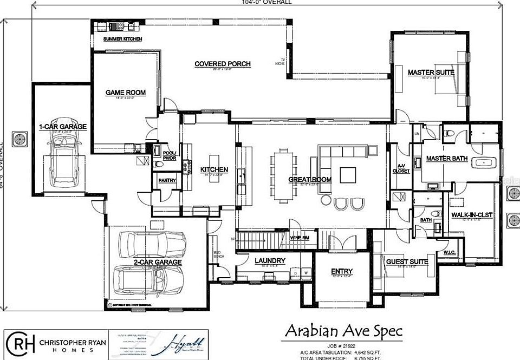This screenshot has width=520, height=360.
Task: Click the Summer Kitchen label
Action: tap(123, 40)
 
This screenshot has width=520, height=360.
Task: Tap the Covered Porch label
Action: tap(223, 64)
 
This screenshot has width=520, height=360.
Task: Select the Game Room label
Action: tap(125, 93)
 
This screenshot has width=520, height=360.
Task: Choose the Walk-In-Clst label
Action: tap(471, 215)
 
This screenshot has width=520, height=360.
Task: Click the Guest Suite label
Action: tap(407, 261)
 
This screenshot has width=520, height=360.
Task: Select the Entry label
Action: tap(341, 271)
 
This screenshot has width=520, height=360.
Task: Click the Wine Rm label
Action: tap(299, 238)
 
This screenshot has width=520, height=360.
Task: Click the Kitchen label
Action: tap(214, 169)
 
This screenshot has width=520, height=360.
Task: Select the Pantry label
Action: tap(166, 180)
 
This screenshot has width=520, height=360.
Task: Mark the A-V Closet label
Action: tap(401, 168)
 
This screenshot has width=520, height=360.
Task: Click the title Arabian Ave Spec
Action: tap(343, 330)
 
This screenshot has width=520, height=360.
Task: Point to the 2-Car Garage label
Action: tap(158, 262)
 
